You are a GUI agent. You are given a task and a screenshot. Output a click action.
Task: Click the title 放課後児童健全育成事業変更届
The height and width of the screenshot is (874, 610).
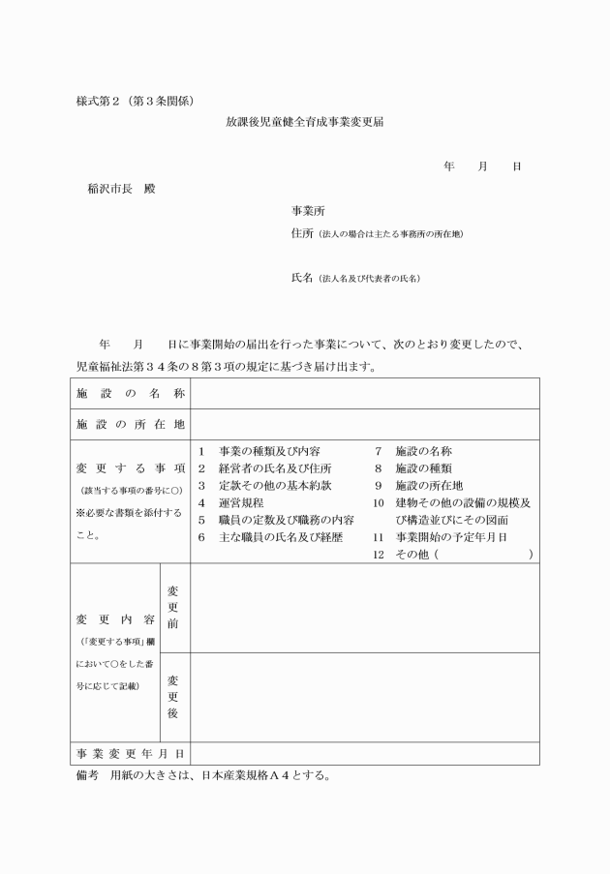pyautogui.click(x=306, y=124)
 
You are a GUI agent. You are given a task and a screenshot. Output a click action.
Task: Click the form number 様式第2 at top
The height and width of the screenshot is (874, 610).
pyautogui.click(x=102, y=101)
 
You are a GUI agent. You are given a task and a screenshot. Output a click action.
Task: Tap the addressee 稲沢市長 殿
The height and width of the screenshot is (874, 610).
pyautogui.click(x=121, y=188)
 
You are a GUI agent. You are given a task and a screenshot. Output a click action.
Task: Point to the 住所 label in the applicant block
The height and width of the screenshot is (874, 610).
pyautogui.click(x=302, y=233)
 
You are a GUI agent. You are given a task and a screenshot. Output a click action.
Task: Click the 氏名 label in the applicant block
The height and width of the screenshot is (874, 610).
pyautogui.click(x=302, y=278)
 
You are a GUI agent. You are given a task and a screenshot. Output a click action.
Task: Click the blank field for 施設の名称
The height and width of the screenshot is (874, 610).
pyautogui.click(x=364, y=393)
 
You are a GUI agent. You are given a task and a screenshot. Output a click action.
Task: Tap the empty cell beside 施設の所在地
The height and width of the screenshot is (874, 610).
pyautogui.click(x=364, y=423)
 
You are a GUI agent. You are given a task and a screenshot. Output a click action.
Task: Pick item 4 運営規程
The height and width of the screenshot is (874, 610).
pyautogui.click(x=240, y=503)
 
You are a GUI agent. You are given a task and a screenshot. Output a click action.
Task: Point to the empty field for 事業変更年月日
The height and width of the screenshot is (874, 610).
pyautogui.click(x=364, y=753)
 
